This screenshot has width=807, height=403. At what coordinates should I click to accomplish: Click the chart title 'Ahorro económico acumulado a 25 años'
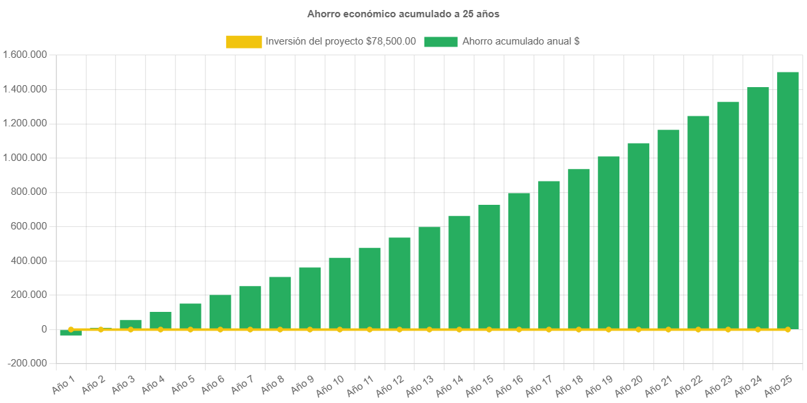click(x=403, y=13)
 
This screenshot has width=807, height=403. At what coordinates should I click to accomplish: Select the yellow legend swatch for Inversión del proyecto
click(x=243, y=41)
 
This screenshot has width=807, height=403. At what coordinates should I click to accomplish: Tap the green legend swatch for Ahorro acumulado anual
click(x=440, y=41)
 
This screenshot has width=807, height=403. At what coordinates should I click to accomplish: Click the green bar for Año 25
click(x=788, y=200)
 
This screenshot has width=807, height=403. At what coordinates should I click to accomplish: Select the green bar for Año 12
click(x=399, y=283)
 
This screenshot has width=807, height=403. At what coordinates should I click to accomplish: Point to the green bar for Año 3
click(x=130, y=324)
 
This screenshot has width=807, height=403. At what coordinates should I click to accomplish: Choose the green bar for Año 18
click(x=578, y=249)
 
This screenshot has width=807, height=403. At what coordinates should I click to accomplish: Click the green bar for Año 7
click(x=250, y=307)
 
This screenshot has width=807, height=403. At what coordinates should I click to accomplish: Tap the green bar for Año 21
click(x=668, y=229)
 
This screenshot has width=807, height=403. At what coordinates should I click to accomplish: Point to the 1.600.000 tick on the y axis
click(x=25, y=55)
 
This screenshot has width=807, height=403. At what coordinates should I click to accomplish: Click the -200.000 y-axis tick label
click(x=27, y=363)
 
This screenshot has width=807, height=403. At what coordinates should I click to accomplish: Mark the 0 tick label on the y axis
click(x=44, y=329)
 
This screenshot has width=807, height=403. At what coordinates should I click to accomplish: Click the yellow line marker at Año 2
click(x=100, y=329)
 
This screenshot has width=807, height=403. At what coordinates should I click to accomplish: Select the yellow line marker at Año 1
click(x=71, y=329)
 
